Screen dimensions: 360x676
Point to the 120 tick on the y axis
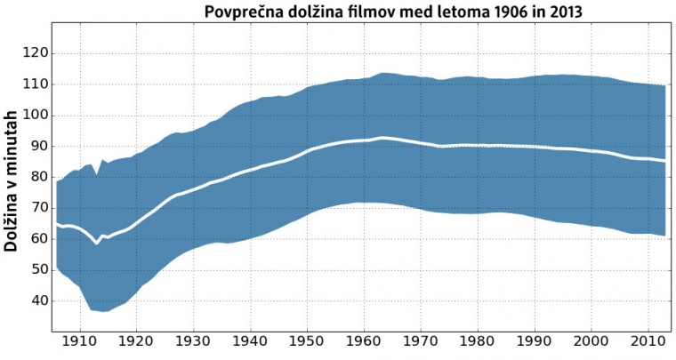[x=36, y=53]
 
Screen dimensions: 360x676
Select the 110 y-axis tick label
[x=36, y=84]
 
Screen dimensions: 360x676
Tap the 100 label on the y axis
[x=36, y=116]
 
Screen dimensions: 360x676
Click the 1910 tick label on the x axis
[x=80, y=340]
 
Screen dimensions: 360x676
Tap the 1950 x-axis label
[x=307, y=340]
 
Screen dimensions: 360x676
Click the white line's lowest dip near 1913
[x=97, y=243]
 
